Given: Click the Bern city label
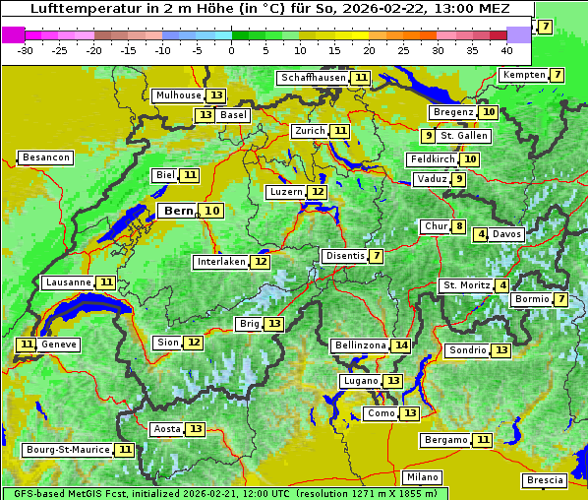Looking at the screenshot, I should pos(179,211).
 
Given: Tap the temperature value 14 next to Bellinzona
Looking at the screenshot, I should pos(400,345).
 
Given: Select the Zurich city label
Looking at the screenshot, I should pos(310,131).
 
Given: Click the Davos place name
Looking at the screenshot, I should pos(506,234).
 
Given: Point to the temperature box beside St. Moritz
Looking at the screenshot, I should pos(502,285).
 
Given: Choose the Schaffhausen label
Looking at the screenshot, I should pos(314,78).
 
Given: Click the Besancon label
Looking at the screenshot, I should pos(45,157).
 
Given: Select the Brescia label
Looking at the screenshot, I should pos(545,479).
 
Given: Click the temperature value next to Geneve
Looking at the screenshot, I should pos(26,344).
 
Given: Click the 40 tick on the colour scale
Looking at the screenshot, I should pos(506,50).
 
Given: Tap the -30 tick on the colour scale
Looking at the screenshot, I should pos(26,50).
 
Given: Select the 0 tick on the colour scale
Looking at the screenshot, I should pos(232,50).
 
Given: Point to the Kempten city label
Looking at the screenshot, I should pos(522,75).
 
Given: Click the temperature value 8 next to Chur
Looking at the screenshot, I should pos(459,226).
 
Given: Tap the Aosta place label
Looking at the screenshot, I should pos(167,429).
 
